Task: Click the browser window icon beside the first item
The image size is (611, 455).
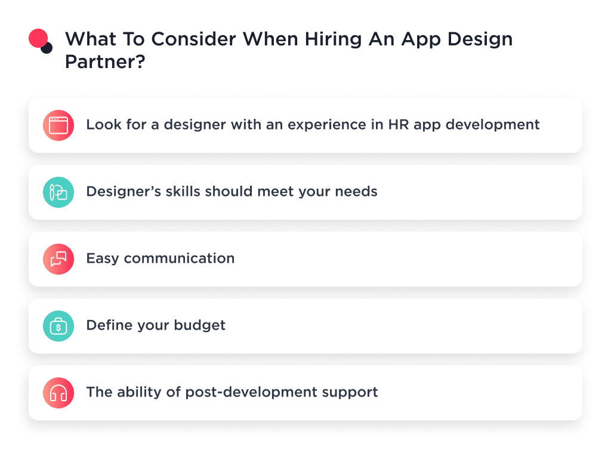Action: coord(58,125)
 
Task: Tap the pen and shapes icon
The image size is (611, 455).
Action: coord(58,192)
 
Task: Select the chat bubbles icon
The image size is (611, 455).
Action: coord(58,259)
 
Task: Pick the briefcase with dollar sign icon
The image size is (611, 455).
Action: coord(58,326)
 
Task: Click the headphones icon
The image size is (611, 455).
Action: coord(58,393)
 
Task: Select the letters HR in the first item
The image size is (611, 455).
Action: coord(396,125)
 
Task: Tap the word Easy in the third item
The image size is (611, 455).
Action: coord(102,259)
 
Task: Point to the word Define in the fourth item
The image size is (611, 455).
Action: coord(107,325)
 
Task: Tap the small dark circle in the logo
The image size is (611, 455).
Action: coord(47,48)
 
